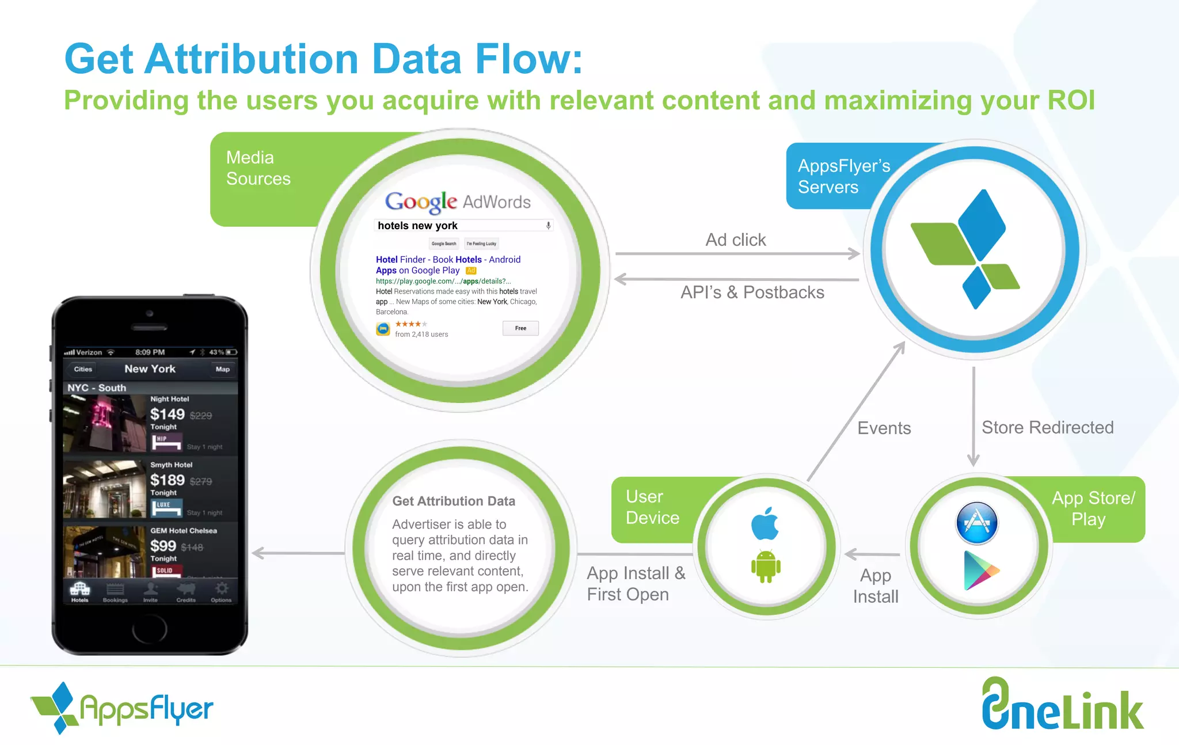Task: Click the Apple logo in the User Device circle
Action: pos(765,523)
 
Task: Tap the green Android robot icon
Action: pos(766,567)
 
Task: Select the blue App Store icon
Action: pos(977,523)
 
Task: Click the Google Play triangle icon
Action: pos(980,571)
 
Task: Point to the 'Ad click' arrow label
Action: pos(736,240)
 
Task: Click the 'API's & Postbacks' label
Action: pos(752,292)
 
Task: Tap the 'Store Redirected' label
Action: pos(1047,427)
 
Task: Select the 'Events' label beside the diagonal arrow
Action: pos(884,428)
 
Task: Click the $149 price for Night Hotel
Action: pos(167,414)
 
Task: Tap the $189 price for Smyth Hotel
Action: pos(167,480)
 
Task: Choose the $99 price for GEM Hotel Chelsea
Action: pos(163,546)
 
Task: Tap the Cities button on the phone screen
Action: pos(83,369)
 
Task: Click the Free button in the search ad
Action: pos(520,328)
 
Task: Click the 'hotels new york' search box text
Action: pos(417,226)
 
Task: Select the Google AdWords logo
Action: pos(458,202)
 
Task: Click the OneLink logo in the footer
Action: pos(1062,705)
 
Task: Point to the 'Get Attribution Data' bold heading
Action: pos(454,501)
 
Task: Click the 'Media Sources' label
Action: pos(258,168)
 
